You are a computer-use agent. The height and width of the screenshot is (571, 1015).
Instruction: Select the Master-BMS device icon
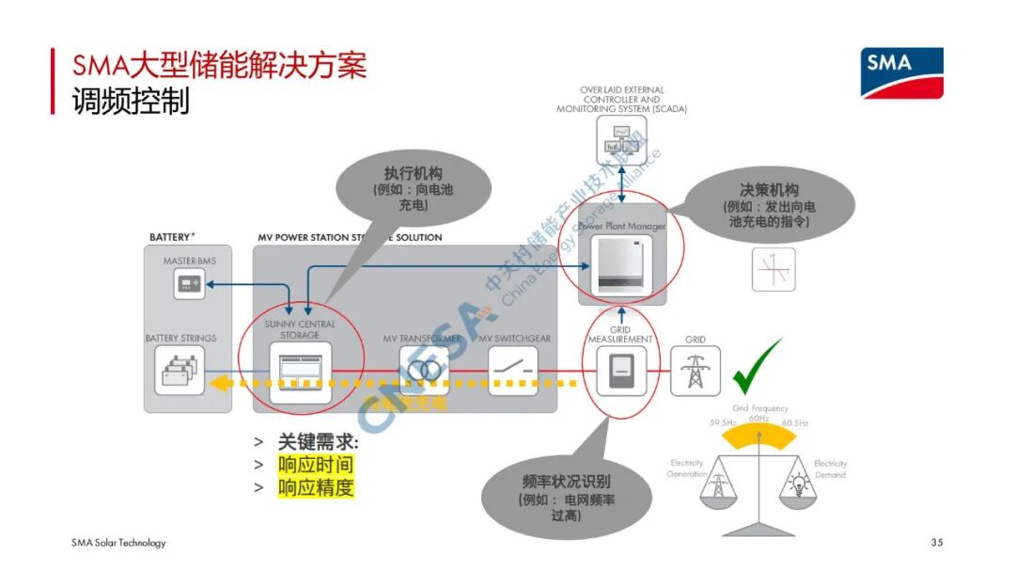(x=189, y=283)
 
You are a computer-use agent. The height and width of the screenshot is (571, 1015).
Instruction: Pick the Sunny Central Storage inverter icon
(x=300, y=371)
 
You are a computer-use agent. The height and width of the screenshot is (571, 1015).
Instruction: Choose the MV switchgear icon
(x=513, y=371)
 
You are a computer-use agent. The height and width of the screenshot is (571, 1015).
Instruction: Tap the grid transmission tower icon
(x=695, y=371)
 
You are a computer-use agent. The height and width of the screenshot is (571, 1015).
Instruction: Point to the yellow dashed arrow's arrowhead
(x=219, y=382)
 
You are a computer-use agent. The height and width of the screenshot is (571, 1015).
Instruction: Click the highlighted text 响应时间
(x=316, y=465)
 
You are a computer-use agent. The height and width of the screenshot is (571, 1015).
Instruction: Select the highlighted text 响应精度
(x=316, y=487)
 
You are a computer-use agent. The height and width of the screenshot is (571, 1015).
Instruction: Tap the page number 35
(x=935, y=543)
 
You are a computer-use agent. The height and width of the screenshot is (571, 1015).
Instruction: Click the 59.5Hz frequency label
(x=723, y=423)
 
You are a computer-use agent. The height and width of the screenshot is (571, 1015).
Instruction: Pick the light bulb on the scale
(x=799, y=485)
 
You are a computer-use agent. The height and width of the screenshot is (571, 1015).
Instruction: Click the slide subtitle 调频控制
(x=131, y=101)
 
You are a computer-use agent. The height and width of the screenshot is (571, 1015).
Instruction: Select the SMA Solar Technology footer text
(x=118, y=543)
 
